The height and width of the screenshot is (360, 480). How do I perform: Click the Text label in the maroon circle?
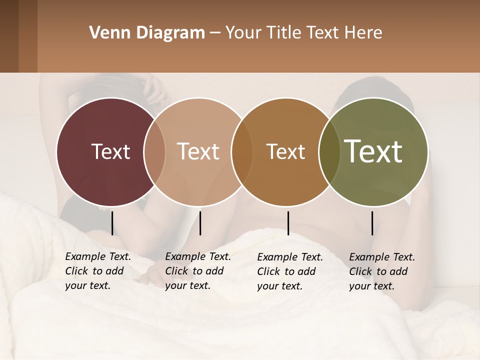coord(110,151)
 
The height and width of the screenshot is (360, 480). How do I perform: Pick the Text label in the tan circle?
coord(198,151)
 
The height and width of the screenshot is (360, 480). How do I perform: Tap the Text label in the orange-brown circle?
coord(285,151)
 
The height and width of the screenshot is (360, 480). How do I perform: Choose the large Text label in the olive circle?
coord(373,151)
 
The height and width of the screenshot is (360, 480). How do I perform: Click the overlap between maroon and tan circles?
coord(154,151)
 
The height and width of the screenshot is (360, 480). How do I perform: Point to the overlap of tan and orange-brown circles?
coord(242,151)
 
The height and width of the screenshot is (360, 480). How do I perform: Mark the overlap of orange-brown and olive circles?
coord(329,151)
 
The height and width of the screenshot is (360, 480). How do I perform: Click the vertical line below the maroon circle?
coord(112,223)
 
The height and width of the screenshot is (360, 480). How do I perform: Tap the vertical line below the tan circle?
coord(200,223)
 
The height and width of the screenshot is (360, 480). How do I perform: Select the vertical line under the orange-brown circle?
coord(288,223)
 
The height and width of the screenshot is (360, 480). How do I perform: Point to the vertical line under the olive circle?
coord(372,223)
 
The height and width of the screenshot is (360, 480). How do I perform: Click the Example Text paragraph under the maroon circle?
coord(97,271)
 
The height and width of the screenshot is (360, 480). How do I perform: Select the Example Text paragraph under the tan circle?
coord(197,271)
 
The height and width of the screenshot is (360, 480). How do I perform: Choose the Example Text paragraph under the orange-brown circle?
coord(289,271)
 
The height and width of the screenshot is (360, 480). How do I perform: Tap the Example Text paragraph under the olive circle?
coord(381,271)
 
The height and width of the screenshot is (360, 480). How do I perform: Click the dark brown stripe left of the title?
coord(9,36)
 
